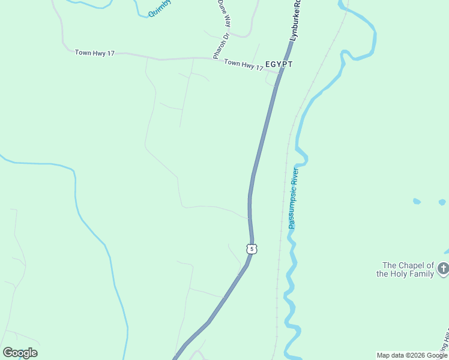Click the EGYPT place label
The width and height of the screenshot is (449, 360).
tap(279, 64)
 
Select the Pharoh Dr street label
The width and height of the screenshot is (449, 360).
tap(221, 46)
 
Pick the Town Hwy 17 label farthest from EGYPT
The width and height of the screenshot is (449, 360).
tap(95, 53)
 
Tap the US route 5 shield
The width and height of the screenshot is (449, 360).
tap(252, 248)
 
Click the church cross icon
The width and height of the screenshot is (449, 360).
tap(444, 268)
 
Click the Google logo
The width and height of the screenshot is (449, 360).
tap(20, 353)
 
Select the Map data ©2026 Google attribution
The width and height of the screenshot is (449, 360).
tap(412, 355)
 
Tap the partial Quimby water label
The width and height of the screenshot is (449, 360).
tap(160, 8)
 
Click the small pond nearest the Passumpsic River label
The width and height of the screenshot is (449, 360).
tap(417, 201)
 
